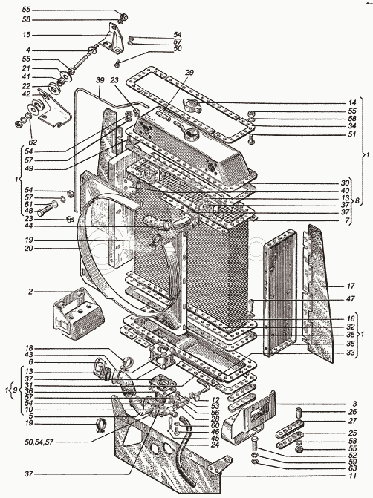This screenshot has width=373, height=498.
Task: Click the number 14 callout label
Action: [x=351, y=102]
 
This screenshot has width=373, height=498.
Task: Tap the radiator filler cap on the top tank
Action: [x=192, y=105]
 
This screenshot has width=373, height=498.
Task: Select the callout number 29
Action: [x=189, y=73]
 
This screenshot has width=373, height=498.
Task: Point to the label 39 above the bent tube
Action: [x=100, y=80]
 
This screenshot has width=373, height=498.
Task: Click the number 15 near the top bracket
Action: [x=27, y=35]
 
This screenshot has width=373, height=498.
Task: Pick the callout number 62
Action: [x=33, y=142]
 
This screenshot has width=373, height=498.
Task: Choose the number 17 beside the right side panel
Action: [x=351, y=286]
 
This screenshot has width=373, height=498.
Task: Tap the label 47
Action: [x=351, y=299]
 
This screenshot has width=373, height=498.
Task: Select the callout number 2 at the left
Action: [x=30, y=292]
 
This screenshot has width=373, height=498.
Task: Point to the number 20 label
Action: [x=29, y=249]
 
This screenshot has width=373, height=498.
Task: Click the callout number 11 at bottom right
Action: [x=352, y=476]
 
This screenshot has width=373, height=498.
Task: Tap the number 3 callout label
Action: [x=354, y=404]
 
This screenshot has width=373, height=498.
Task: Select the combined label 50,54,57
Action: [x=38, y=442]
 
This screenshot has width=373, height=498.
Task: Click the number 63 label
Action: [x=352, y=468]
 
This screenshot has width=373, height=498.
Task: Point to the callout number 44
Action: [x=29, y=226]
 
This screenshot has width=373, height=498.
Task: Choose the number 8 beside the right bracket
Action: [x=357, y=201]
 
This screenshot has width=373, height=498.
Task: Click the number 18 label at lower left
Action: [x=29, y=348]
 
